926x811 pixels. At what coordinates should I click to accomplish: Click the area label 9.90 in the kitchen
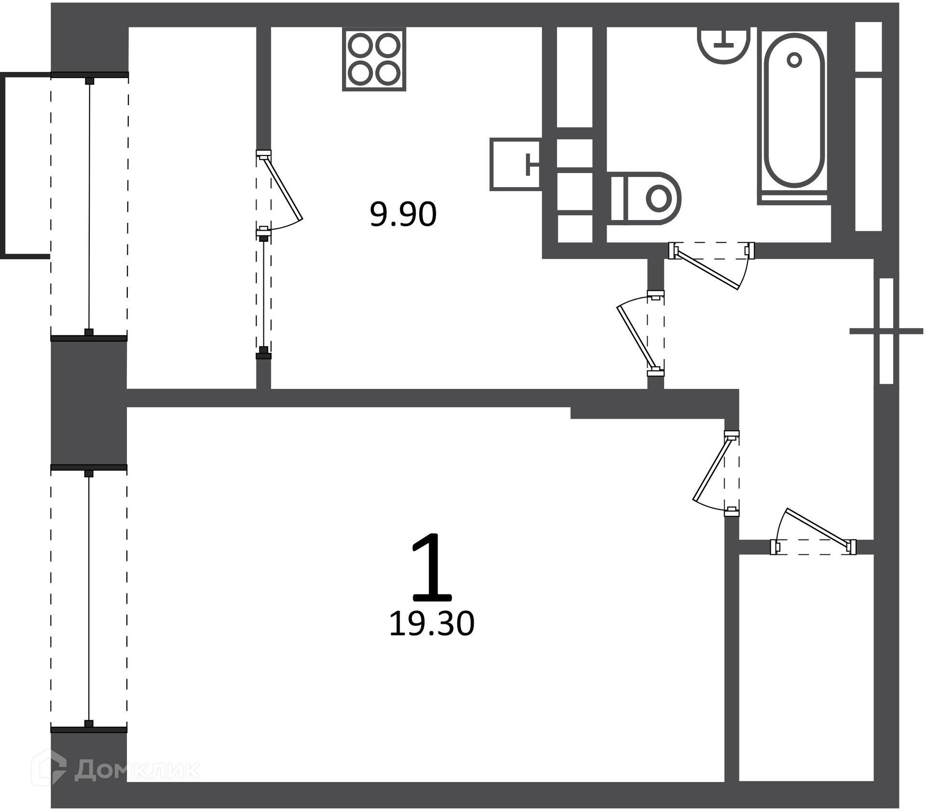[x=403, y=215]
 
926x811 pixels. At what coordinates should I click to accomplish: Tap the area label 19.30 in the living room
[x=432, y=624]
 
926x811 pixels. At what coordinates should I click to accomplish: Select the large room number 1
[x=432, y=567]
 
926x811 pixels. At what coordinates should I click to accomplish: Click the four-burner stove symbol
[x=374, y=59]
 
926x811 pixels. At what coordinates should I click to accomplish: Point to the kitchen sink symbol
[x=516, y=164]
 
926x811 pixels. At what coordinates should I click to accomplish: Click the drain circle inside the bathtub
[x=794, y=60]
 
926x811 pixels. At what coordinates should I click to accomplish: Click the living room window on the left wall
[x=89, y=598]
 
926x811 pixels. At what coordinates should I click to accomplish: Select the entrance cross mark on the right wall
[x=886, y=331]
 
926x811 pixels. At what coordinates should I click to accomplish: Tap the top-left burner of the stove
[x=360, y=46]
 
